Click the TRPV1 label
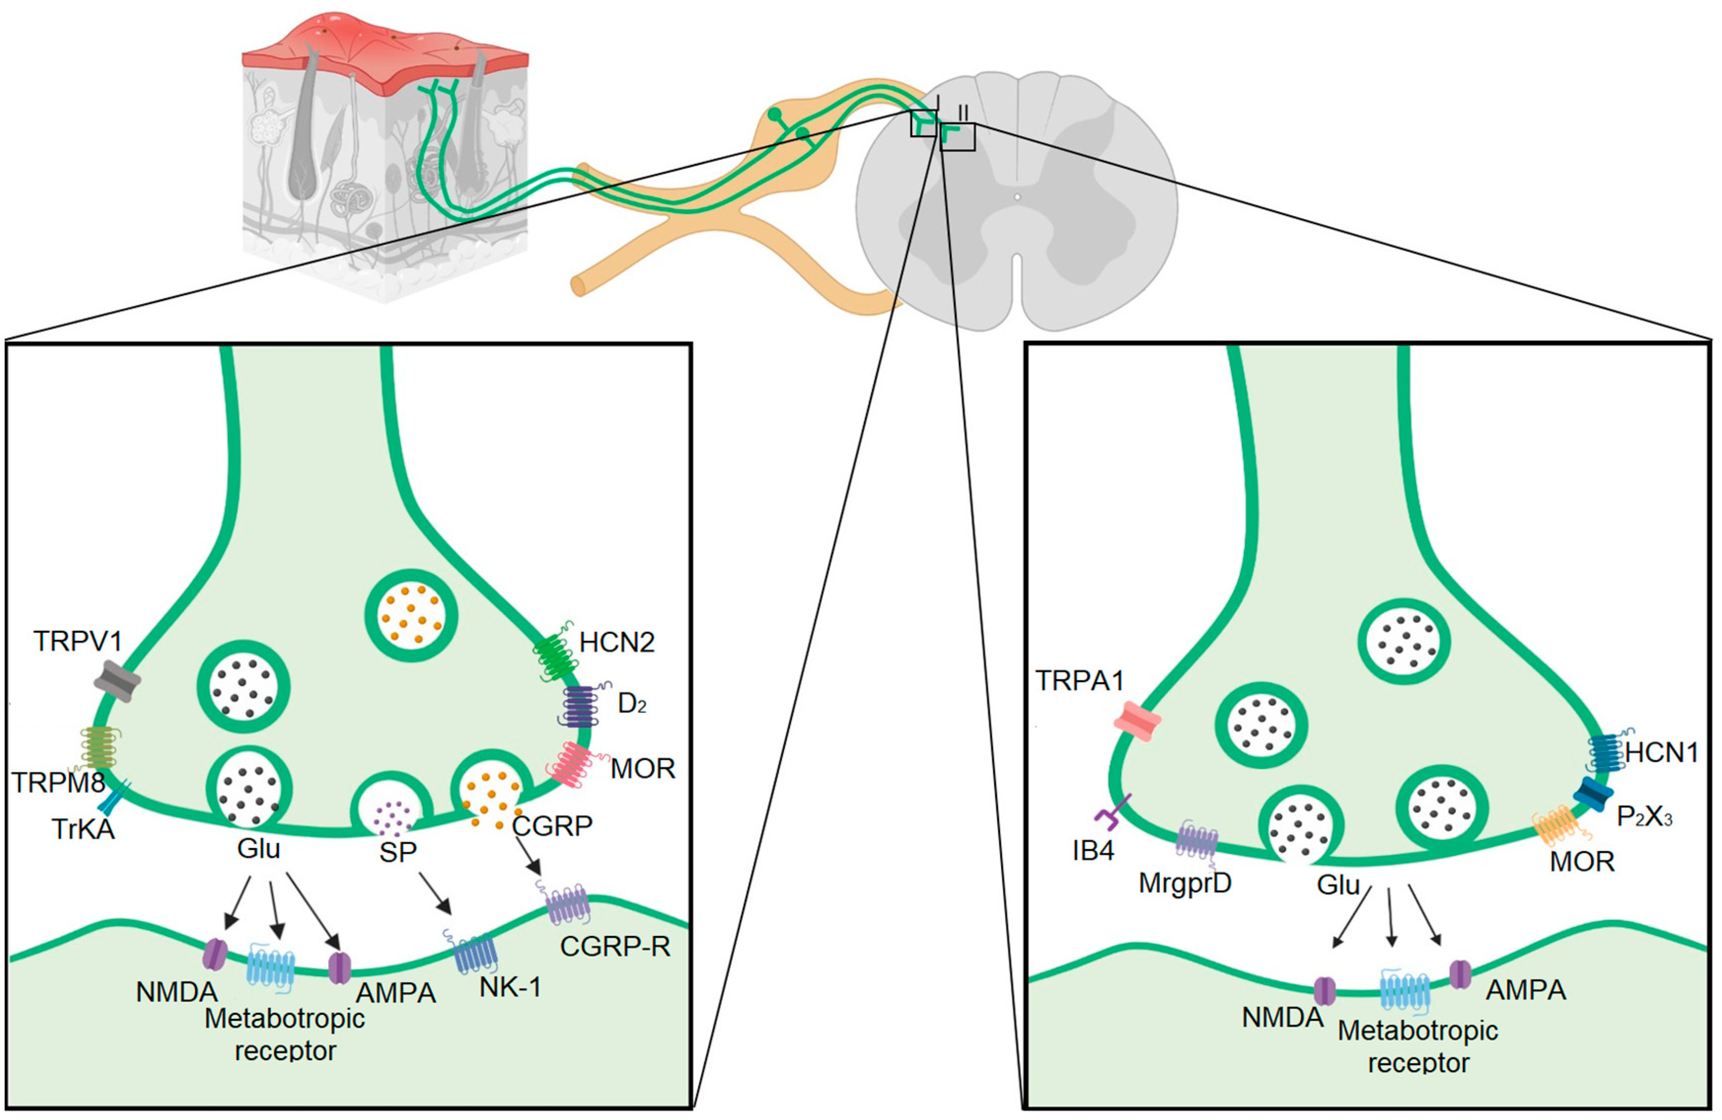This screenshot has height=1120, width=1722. pyautogui.click(x=77, y=641)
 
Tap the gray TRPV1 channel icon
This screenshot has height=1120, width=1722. pyautogui.click(x=117, y=681)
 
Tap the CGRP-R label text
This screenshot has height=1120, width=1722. pyautogui.click(x=615, y=946)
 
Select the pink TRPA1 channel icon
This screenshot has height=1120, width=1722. pyautogui.click(x=1136, y=721)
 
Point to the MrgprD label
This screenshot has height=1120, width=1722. pyautogui.click(x=1184, y=883)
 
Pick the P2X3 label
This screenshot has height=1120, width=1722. pyautogui.click(x=1645, y=817)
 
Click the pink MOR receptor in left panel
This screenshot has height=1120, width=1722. pyautogui.click(x=572, y=764)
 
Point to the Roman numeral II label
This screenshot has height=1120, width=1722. pyautogui.click(x=963, y=113)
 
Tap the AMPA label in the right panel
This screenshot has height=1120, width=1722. pyautogui.click(x=1526, y=990)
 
